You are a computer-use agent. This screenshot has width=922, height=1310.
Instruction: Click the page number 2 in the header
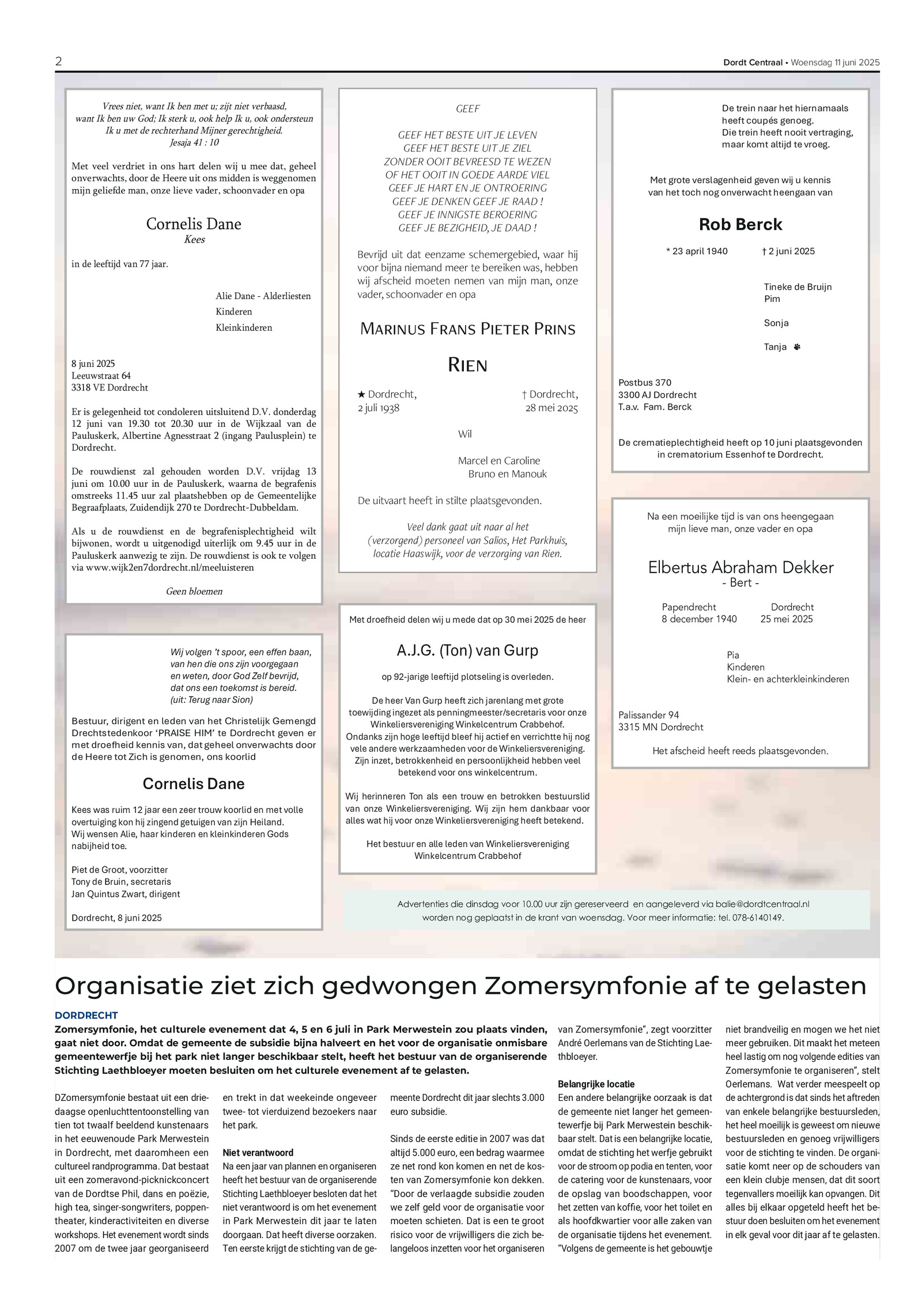pyautogui.click(x=58, y=62)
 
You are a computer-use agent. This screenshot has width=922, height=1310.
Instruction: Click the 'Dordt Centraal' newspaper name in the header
pyautogui.click(x=753, y=63)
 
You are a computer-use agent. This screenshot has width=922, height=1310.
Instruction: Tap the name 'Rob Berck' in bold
pyautogui.click(x=740, y=225)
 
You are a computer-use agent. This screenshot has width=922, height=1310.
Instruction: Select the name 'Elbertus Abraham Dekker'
pyautogui.click(x=740, y=568)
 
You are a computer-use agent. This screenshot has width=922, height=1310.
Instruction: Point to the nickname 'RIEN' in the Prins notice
pyautogui.click(x=467, y=365)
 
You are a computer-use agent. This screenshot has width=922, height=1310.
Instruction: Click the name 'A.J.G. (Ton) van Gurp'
pyautogui.click(x=467, y=650)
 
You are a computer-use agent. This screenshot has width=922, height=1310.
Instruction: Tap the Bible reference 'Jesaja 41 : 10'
pyautogui.click(x=194, y=142)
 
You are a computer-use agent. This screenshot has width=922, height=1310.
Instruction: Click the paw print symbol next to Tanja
pyautogui.click(x=797, y=347)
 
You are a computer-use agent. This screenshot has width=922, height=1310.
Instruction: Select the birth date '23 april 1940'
pyautogui.click(x=700, y=251)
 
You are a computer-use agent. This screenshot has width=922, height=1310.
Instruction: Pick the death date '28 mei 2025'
pyautogui.click(x=551, y=408)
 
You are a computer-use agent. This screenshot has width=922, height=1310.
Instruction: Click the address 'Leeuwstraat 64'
pyautogui.click(x=101, y=376)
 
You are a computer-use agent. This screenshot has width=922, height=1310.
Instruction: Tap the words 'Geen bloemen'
pyautogui.click(x=194, y=591)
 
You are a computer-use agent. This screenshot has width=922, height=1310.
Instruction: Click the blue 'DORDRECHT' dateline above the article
pyautogui.click(x=86, y=1016)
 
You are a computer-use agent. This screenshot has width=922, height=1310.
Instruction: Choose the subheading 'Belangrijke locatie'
pyautogui.click(x=596, y=1084)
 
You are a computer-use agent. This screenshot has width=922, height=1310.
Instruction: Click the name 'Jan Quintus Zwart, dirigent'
pyautogui.click(x=126, y=894)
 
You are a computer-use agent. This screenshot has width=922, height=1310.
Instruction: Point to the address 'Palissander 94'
pyautogui.click(x=648, y=715)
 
